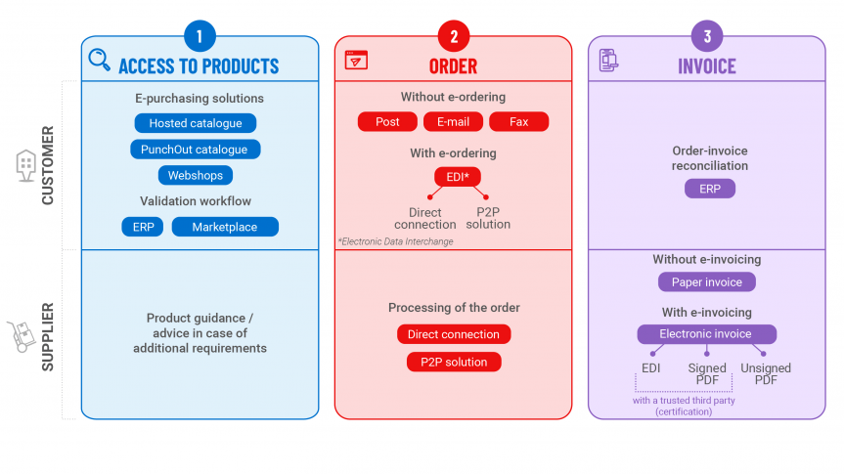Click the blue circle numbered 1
pyautogui.click(x=200, y=36)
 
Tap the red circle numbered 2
pyautogui.click(x=453, y=36)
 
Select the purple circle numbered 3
pyautogui.click(x=707, y=36)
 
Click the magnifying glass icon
pyautogui.click(x=100, y=60)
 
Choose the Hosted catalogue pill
pyautogui.click(x=196, y=123)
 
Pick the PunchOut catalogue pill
pyautogui.click(x=195, y=150)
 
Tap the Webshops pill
pyautogui.click(x=196, y=175)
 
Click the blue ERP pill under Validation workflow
pyautogui.click(x=143, y=227)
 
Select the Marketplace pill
pyautogui.click(x=225, y=227)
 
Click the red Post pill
pyautogui.click(x=387, y=121)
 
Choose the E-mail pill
pyautogui.click(x=453, y=121)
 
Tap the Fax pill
pyautogui.click(x=519, y=121)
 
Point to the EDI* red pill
pyautogui.click(x=458, y=177)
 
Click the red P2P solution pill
pyautogui.click(x=454, y=362)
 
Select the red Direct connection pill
pyautogui.click(x=454, y=334)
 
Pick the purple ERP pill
pyautogui.click(x=710, y=189)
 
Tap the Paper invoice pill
pyautogui.click(x=707, y=281)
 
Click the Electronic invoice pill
pyautogui.click(x=707, y=334)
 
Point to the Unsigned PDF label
pyautogui.click(x=766, y=374)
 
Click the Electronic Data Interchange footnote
pyautogui.click(x=396, y=241)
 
